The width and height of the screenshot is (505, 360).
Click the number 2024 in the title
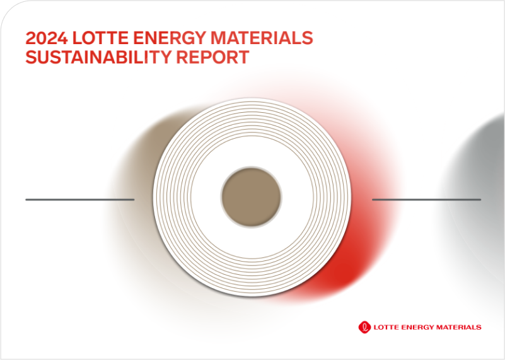click(x=47, y=38)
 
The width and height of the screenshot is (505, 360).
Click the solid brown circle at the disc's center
click(x=252, y=197)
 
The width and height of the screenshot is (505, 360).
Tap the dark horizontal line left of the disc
click(x=80, y=200)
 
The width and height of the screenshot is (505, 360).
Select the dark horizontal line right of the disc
click(x=426, y=200)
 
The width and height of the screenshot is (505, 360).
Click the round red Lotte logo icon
click(x=364, y=327)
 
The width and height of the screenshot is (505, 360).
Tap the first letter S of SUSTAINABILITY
click(x=32, y=57)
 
